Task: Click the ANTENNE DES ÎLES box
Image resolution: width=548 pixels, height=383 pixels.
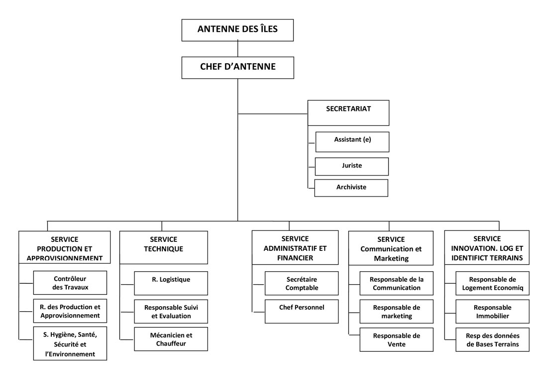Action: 237,30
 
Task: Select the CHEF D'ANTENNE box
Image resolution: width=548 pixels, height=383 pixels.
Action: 237,67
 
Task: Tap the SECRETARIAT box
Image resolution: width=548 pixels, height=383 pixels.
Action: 348,113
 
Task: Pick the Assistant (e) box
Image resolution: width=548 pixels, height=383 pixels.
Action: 352,142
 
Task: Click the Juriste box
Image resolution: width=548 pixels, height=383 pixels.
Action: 352,166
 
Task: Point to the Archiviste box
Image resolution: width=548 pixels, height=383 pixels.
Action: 351,188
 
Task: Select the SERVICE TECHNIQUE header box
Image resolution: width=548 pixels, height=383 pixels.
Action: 164,247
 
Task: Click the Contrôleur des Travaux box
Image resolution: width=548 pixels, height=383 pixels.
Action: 70,283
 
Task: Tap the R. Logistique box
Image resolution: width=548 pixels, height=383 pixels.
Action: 171,283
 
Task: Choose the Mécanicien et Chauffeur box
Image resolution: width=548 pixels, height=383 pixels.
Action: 171,339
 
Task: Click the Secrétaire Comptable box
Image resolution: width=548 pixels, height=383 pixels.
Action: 302,283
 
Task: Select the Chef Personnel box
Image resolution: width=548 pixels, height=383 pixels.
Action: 302,311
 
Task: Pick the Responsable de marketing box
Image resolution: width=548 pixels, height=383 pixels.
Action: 397,311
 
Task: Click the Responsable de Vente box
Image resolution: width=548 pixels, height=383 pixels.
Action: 397,340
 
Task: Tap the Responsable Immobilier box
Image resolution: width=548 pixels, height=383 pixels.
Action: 492,311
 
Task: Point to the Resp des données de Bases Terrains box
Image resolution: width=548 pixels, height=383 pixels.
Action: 492,340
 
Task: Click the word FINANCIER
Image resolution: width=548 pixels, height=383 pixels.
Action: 295,258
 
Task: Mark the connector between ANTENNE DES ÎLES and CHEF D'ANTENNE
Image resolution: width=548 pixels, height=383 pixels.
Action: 237,49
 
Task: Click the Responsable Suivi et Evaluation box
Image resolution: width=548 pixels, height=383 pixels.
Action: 171,311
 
